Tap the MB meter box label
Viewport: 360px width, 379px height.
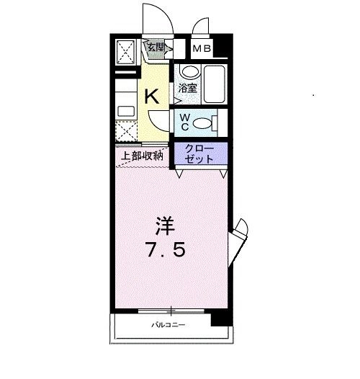click(202, 49)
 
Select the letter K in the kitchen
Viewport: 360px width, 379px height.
click(152, 97)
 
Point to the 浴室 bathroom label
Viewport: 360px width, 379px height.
click(187, 88)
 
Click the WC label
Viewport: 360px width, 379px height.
click(185, 122)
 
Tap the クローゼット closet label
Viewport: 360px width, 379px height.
click(199, 153)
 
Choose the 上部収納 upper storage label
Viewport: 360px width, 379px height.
click(142, 156)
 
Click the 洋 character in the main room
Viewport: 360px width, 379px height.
click(165, 226)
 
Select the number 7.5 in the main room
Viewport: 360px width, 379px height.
click(166, 249)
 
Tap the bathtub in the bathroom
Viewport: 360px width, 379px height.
click(215, 84)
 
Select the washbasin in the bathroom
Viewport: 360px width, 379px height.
click(190, 71)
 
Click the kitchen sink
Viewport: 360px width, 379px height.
click(126, 112)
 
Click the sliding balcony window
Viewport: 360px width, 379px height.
click(171, 311)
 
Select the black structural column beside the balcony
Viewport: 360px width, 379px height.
click(222, 317)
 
